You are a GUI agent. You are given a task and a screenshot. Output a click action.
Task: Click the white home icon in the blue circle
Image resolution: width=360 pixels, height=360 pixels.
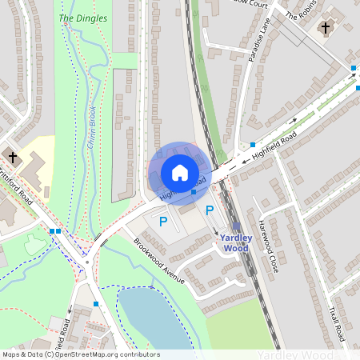click(x=180, y=172)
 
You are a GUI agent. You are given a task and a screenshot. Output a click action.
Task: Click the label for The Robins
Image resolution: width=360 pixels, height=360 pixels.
click(x=302, y=10)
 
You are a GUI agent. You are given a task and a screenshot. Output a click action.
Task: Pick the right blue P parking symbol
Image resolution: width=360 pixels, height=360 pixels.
click(x=210, y=210)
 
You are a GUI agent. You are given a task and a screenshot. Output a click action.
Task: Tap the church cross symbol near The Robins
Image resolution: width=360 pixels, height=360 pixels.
click(x=325, y=29)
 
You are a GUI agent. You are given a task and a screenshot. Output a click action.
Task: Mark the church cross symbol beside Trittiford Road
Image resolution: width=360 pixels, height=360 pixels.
click(x=12, y=156)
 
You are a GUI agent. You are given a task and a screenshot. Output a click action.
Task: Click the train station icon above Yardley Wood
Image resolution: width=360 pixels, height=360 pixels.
click(x=236, y=226)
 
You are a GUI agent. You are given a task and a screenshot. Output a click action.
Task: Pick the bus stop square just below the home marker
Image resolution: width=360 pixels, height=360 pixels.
click(x=193, y=192)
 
